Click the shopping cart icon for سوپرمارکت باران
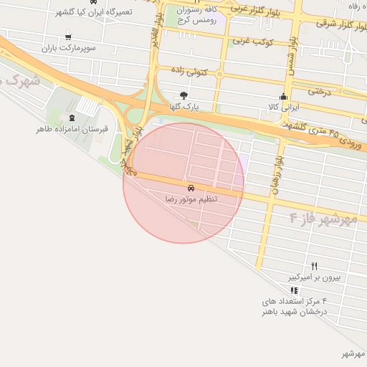68,37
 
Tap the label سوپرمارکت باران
68,49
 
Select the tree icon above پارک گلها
184,95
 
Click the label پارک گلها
184,107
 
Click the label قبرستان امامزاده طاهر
72,130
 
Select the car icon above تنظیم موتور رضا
190,187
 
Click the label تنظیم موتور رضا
191,199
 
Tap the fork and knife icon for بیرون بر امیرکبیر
314,266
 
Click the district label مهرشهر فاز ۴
323,217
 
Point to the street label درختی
320,91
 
